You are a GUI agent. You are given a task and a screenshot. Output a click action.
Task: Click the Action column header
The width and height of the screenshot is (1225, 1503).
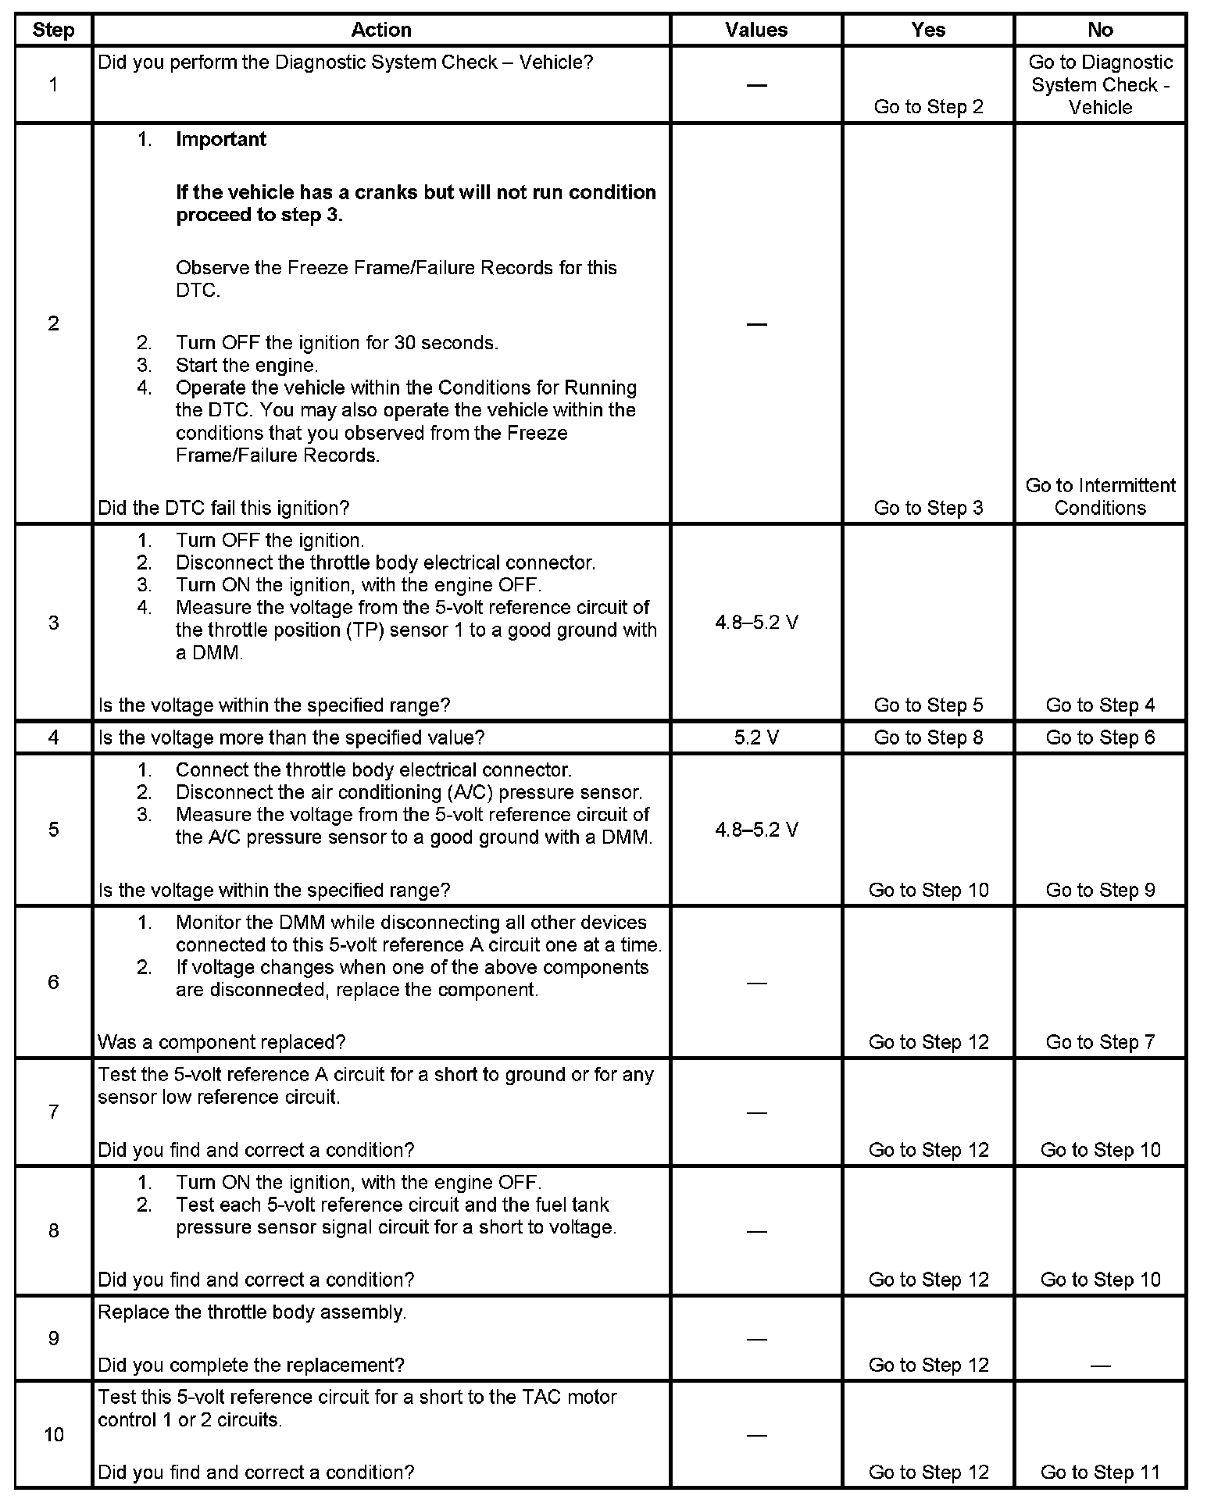(x=380, y=30)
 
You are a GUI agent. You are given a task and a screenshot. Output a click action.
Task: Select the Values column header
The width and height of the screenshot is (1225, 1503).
(x=755, y=30)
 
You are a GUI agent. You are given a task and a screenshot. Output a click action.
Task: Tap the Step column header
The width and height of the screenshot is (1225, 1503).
(x=53, y=30)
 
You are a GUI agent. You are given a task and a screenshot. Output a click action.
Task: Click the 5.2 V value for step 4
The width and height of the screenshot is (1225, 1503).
(x=755, y=737)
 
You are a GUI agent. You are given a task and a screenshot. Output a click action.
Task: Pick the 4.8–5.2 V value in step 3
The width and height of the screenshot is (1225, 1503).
(x=755, y=623)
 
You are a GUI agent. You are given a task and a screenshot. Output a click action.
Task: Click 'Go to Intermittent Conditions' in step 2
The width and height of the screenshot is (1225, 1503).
(x=1099, y=497)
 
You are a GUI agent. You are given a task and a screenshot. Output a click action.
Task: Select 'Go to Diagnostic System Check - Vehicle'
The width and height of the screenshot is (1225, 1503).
(x=1099, y=84)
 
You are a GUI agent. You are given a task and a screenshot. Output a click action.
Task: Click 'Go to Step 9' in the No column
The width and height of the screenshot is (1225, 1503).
(x=1099, y=890)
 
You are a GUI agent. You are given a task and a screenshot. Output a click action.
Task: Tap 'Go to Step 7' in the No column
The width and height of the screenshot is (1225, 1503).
(x=1099, y=1042)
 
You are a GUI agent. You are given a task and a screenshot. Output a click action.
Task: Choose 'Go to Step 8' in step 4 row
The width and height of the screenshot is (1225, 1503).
(x=928, y=737)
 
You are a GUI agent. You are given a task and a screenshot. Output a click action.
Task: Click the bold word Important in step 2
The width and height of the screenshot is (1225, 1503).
(x=221, y=139)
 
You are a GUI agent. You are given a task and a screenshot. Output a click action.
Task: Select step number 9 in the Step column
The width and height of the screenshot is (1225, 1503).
(x=53, y=1338)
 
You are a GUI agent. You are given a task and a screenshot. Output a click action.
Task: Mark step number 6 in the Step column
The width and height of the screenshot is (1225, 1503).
(x=53, y=982)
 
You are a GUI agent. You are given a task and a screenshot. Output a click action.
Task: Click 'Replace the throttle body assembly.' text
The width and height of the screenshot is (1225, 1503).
(x=252, y=1312)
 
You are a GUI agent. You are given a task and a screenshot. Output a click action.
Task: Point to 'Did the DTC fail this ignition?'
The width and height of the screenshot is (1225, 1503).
(x=223, y=508)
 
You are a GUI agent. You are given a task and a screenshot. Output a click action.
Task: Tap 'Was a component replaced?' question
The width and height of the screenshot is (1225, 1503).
(x=221, y=1042)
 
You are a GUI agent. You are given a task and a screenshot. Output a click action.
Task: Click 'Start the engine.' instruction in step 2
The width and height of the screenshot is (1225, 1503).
(x=246, y=365)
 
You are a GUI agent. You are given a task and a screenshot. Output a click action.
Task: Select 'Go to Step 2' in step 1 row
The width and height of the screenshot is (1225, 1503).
(x=928, y=107)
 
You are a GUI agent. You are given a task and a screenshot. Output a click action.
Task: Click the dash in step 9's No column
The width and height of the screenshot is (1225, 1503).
(x=1099, y=1366)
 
